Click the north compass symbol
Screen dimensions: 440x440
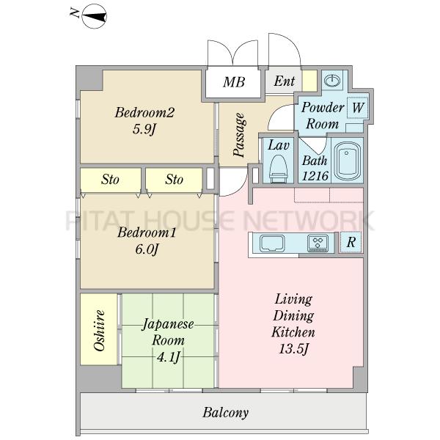pos(95,16)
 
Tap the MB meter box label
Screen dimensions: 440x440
pos(234,82)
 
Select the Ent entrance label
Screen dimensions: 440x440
pos(285,81)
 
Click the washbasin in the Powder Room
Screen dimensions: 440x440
pos(332,81)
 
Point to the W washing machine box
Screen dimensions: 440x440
pos(358,108)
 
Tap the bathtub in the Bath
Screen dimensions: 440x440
pos(347,161)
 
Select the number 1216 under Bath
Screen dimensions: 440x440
pos(315,176)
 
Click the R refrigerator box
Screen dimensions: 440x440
pos(351,242)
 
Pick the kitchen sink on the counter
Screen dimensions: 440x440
pos(272,243)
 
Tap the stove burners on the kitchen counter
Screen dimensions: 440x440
pos(318,243)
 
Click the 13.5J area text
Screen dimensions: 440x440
pos(293,349)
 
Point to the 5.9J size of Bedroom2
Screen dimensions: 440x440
pos(144,129)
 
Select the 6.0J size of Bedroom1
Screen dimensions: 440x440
pos(147,249)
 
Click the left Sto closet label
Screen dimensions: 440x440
pos(110,180)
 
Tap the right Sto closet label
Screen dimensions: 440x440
pos(174,180)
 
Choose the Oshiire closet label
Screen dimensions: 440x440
pos(99,330)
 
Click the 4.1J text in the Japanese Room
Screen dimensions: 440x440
pos(168,358)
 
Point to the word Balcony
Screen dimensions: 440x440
pos(225,413)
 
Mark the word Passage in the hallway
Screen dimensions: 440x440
pos(239,135)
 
